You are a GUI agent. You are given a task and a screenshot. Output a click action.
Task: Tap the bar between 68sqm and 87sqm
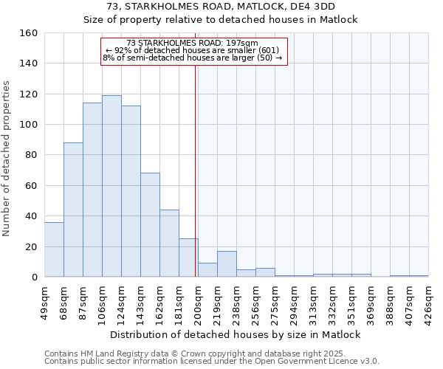pos(73,210)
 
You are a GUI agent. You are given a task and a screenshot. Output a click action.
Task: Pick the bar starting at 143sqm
pos(150,225)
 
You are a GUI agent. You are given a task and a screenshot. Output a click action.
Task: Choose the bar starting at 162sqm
pos(169,244)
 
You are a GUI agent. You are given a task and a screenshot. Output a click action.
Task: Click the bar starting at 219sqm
pos(227,264)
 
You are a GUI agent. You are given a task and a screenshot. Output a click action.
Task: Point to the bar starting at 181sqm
pos(188,258)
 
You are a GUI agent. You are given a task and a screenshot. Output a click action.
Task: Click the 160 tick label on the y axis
pos(28,33)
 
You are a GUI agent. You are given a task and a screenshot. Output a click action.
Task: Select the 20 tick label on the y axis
pos(31,246)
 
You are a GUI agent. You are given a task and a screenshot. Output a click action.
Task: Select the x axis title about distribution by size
pos(236,334)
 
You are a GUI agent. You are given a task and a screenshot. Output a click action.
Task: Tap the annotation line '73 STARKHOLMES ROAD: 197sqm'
pos(193,43)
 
